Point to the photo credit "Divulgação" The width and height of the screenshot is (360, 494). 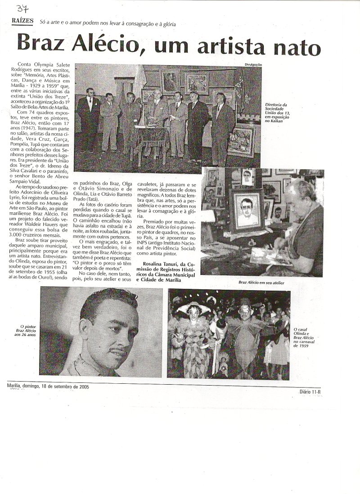coord(252,65)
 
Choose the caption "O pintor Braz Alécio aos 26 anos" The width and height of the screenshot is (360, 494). coord(27,332)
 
